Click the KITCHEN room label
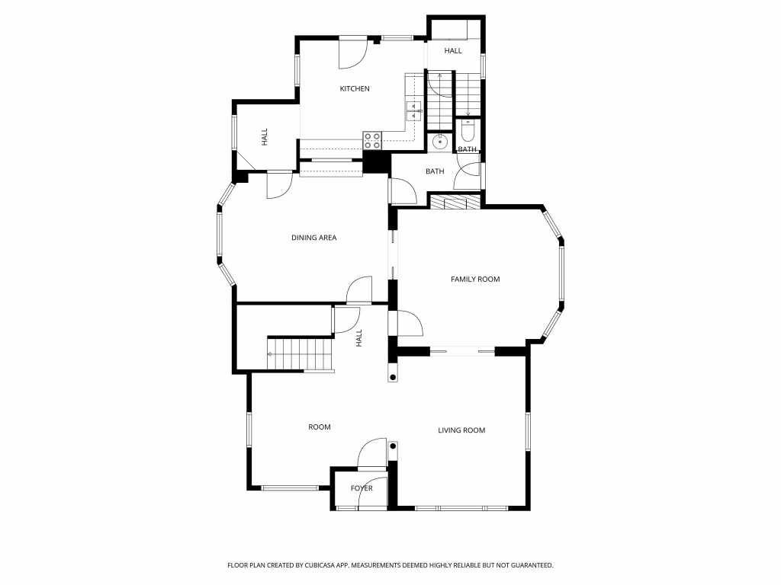pos(355,88)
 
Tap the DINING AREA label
pos(313,238)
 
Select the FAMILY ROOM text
pos(475,279)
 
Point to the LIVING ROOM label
pos(461,430)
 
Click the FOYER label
pos(362,488)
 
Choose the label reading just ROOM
pos(320,427)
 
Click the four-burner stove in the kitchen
pos(372,141)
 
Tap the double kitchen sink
pos(414,111)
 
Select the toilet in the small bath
pos(468,130)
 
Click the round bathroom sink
pos(440,141)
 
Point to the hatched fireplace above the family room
pos(455,201)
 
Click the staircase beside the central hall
pos(301,353)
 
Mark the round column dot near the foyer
pos(393,446)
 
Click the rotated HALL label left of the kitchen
pos(265,137)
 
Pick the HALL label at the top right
pos(453,51)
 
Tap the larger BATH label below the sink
pos(435,171)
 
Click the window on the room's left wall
pos(249,430)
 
